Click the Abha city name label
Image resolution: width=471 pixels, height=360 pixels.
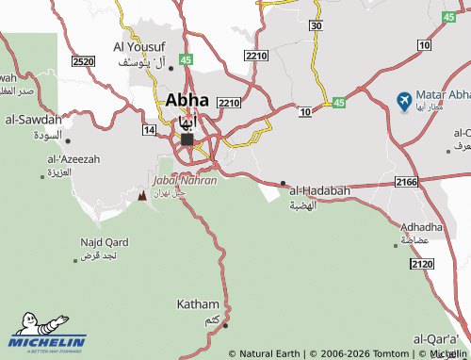coord(187,99)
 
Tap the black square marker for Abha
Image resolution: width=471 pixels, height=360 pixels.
coord(187,139)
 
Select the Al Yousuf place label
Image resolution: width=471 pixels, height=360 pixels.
coord(139,46)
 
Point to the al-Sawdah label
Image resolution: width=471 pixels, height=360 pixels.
coord(34,120)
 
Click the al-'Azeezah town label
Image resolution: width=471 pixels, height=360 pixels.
coord(73,159)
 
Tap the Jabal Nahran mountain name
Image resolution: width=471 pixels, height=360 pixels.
coord(185,180)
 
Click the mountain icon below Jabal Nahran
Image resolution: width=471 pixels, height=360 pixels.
coord(142,196)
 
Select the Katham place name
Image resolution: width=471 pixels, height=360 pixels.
coord(198,304)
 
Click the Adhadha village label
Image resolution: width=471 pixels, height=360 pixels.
coord(421,227)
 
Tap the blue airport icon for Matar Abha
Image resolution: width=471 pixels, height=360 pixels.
coord(405,98)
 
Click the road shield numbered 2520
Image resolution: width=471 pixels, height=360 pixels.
coord(83,61)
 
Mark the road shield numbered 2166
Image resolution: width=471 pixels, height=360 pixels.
coord(407,181)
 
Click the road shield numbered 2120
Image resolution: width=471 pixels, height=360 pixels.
coord(423,266)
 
